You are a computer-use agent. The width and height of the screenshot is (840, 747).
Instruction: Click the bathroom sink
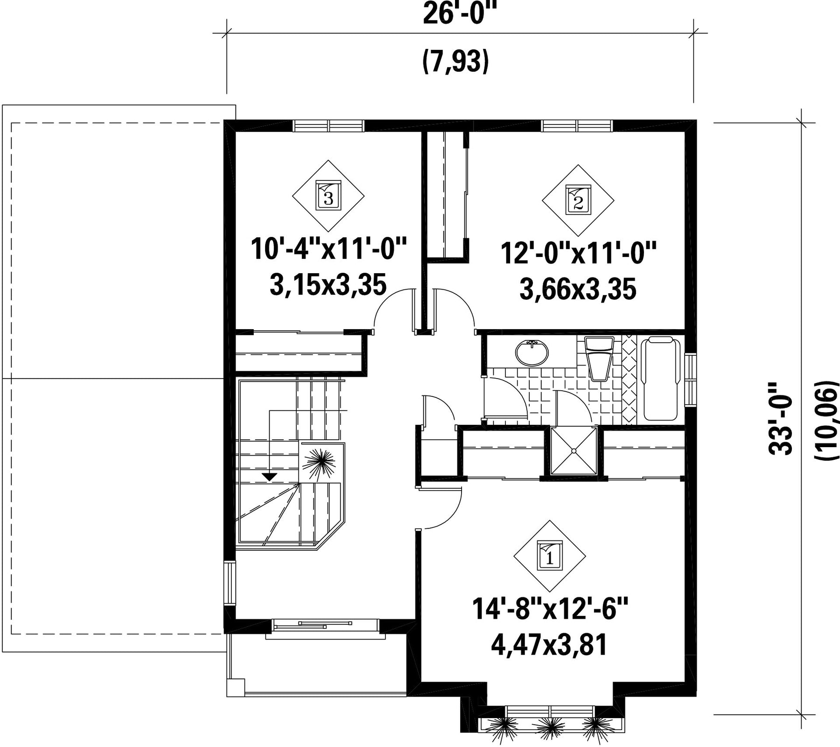pos(532,353)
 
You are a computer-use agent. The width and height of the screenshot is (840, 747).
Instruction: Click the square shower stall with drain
pos(574,450)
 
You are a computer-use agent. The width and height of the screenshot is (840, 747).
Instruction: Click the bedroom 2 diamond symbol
pos(578,201)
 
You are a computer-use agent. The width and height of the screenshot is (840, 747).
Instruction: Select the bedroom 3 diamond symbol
pos(329,196)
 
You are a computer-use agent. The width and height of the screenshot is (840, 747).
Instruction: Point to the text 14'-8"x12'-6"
pos(550,609)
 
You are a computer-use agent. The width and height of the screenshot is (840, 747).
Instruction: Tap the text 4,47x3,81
pos(549,646)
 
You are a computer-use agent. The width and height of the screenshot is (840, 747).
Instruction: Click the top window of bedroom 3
pos(329,126)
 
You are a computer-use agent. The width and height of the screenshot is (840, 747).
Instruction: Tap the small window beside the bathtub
pos(690,380)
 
